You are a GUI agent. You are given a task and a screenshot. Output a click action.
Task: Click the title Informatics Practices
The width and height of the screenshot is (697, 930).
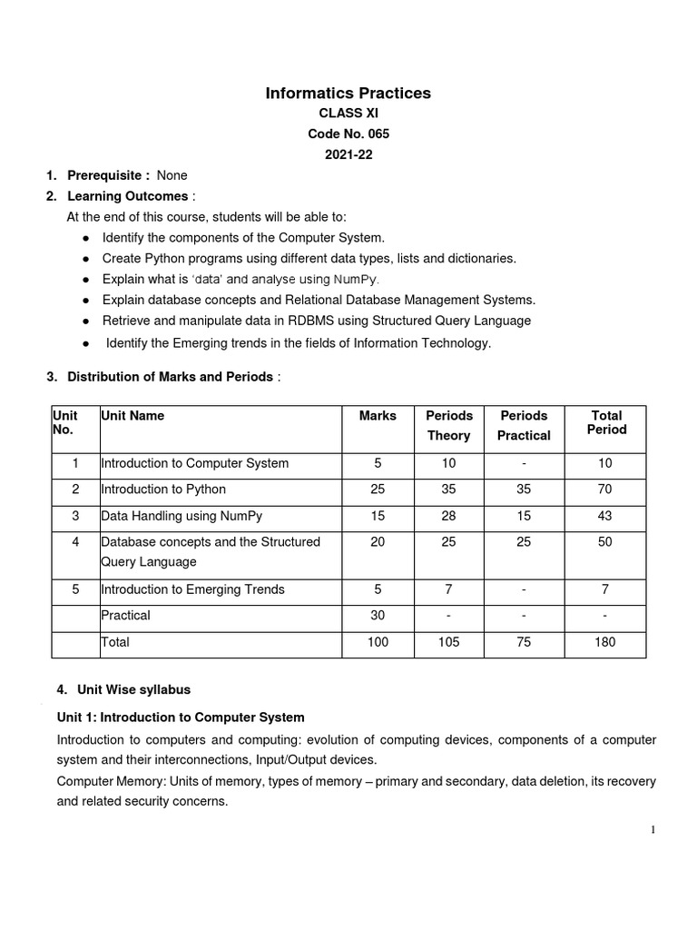tap(348, 93)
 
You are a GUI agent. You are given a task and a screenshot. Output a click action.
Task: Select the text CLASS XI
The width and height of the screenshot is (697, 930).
tap(348, 114)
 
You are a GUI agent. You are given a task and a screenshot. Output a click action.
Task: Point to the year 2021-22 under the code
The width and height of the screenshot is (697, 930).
tap(348, 154)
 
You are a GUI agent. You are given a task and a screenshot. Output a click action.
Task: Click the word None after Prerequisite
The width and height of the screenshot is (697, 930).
tap(172, 175)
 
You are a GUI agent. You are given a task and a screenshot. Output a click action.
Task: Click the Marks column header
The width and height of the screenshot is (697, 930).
tap(378, 415)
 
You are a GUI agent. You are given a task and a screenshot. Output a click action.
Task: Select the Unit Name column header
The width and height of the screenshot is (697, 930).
tap(133, 415)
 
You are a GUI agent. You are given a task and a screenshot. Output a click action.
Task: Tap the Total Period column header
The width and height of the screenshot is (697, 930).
tap(606, 422)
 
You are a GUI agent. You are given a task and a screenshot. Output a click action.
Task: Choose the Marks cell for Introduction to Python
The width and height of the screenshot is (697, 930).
tap(378, 490)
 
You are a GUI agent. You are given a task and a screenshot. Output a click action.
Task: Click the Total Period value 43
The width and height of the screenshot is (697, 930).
tap(605, 516)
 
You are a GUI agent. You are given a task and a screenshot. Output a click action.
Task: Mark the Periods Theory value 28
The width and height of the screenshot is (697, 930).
tap(448, 516)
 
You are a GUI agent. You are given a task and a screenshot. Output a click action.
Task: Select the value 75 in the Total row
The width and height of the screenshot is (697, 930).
tap(524, 642)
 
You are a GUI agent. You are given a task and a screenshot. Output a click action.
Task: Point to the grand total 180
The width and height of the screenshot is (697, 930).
tap(605, 642)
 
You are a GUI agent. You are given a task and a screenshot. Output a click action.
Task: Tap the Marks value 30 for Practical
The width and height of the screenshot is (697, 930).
tap(378, 615)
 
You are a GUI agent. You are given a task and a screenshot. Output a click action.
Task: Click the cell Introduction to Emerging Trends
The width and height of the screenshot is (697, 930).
tap(192, 589)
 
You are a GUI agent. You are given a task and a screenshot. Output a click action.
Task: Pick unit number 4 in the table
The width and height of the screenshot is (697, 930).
tap(76, 542)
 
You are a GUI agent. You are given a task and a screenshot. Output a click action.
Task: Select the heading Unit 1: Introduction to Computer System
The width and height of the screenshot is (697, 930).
tap(181, 717)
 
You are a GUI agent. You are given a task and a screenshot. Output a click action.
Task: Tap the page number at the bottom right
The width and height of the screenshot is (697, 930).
tap(652, 830)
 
